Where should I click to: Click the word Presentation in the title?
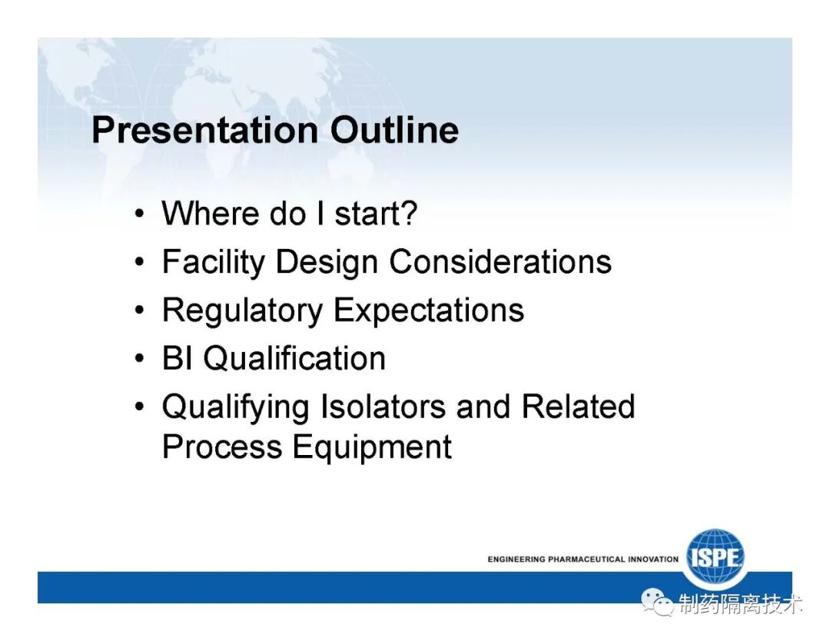coord(205,130)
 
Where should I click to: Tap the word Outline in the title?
coord(394,130)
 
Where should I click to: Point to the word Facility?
coord(214,262)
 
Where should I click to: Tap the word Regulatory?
coord(242,311)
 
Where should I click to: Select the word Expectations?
coord(429,311)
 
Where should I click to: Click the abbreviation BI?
coord(178,358)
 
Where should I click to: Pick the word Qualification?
coord(294,358)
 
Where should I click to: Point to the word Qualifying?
coord(236,407)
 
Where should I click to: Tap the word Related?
coord(578,407)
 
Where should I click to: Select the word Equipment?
coord(372,448)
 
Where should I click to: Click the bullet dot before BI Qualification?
coord(139,359)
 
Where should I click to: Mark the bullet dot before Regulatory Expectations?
coord(139,311)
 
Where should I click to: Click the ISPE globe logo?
coord(715,557)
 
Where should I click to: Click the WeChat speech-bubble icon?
coord(657,603)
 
